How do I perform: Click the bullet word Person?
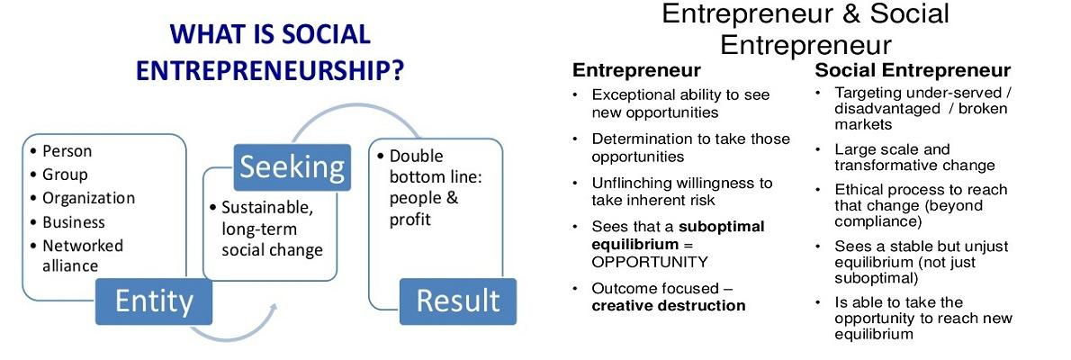(67, 151)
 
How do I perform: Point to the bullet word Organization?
(89, 199)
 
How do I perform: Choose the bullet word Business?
(74, 222)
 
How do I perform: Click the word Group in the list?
(65, 175)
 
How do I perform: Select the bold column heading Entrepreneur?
(636, 70)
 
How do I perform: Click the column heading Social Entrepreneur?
(913, 70)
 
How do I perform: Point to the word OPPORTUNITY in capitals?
(650, 262)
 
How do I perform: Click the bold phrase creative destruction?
(669, 305)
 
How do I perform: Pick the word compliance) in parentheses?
(877, 221)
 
